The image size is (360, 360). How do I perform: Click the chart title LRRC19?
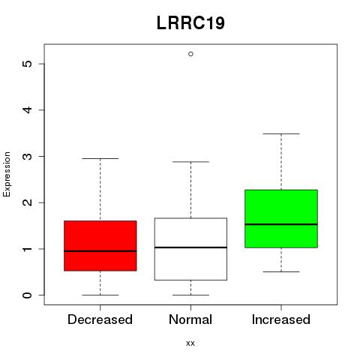(190, 23)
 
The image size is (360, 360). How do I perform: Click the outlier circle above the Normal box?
(190, 54)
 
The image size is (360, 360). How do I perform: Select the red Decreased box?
(100, 246)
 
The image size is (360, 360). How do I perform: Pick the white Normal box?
(190, 249)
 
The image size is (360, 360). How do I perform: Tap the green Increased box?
(281, 219)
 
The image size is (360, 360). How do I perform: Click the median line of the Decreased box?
(100, 251)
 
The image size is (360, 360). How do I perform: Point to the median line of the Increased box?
(281, 224)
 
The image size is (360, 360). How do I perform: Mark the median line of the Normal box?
(190, 247)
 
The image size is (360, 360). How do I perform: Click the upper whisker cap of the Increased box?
(281, 133)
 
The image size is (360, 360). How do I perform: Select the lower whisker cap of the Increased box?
(281, 271)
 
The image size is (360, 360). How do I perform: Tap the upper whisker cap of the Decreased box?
(100, 158)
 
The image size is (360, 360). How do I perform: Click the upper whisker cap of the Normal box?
(190, 162)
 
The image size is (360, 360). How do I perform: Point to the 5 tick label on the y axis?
(28, 64)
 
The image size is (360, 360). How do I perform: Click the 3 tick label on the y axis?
(28, 156)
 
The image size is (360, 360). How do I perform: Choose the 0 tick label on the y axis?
(28, 295)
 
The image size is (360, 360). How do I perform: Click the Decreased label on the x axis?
(100, 319)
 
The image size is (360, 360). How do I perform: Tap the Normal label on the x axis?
(190, 319)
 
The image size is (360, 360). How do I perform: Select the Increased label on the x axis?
(281, 319)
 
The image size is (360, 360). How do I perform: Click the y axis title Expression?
(7, 174)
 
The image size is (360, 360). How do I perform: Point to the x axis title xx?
(190, 343)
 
